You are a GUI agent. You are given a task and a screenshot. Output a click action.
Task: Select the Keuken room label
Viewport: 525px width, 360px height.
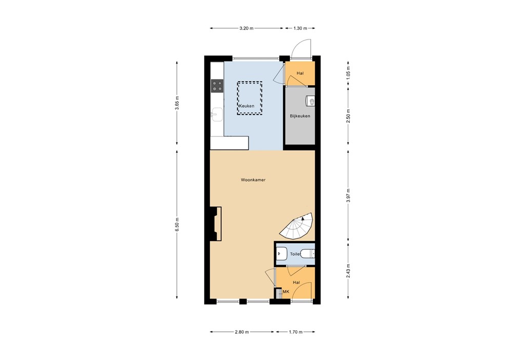247,106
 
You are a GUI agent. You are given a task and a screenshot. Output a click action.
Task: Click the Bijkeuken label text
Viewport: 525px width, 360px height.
300,116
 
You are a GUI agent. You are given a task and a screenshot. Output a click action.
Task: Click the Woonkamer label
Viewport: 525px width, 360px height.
253,180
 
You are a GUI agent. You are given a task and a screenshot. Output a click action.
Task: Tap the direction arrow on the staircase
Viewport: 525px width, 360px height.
303,218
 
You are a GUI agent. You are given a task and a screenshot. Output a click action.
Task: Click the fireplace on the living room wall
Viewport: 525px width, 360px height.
215,223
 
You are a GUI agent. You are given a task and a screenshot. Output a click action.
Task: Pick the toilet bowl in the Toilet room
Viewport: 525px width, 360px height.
307,253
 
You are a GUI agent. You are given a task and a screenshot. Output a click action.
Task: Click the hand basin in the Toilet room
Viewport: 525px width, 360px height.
281,253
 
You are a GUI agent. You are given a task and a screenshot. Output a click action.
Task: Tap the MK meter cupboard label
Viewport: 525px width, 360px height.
286,292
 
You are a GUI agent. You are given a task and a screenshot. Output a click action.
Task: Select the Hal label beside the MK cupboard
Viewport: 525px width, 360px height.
296,283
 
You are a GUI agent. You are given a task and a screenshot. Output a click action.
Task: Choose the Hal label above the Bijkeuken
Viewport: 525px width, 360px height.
300,73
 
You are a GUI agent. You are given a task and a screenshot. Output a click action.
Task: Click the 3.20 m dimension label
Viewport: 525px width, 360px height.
247,28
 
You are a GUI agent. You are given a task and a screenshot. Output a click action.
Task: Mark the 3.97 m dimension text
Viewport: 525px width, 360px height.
349,196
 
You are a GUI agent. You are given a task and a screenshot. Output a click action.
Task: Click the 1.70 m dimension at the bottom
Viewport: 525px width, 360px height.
295,332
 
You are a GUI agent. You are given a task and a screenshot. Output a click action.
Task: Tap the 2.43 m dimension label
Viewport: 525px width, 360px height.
349,270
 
